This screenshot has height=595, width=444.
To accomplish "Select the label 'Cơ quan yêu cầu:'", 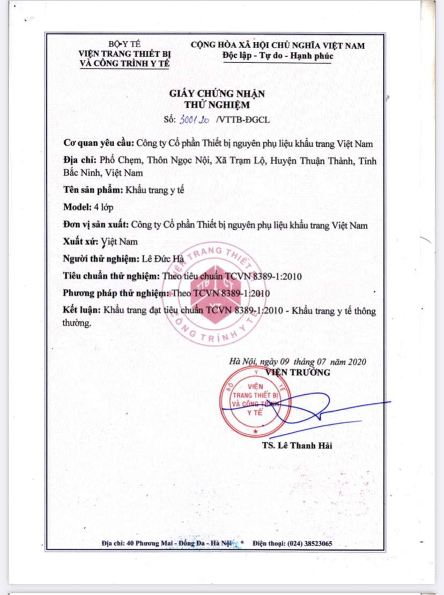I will [99, 144].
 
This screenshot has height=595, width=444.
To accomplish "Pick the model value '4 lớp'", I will [104, 207].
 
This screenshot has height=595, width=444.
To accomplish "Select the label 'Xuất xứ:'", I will [80, 242].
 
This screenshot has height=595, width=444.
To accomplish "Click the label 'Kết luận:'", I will [82, 311].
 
